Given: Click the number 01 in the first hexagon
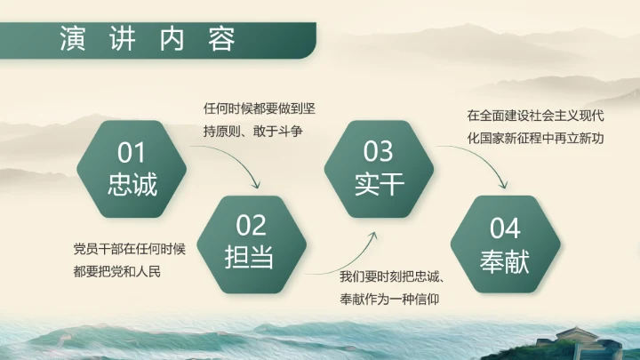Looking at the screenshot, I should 132,154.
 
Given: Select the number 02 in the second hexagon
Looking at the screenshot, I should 252,225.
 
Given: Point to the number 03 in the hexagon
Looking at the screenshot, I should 379,152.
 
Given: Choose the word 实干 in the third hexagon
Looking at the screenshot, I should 379,184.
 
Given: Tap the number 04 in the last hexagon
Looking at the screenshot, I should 505,228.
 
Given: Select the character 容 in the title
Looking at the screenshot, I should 222,38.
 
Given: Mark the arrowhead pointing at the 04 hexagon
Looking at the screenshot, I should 504,186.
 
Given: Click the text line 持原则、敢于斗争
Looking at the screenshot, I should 253,132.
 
